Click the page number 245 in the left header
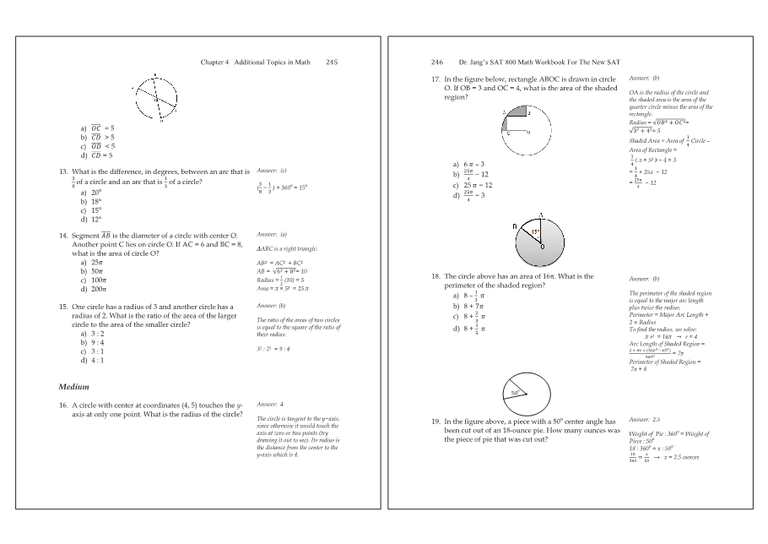[332, 62]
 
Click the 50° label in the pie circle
[515, 394]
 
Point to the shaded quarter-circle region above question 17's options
[517, 117]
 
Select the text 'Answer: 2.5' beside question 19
[645, 420]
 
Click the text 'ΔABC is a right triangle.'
[287, 249]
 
